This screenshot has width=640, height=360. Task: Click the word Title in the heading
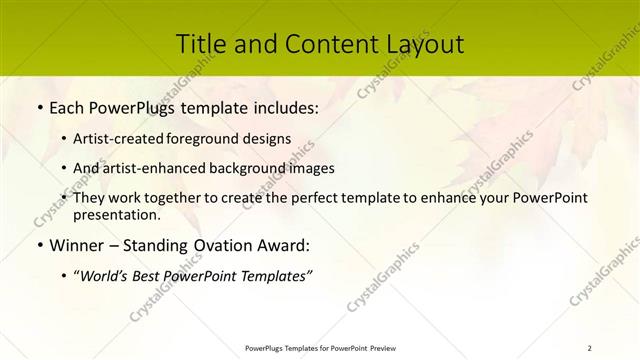click(200, 44)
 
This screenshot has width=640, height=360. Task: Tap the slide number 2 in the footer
click(589, 347)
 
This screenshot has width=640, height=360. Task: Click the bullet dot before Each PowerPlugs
click(39, 105)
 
